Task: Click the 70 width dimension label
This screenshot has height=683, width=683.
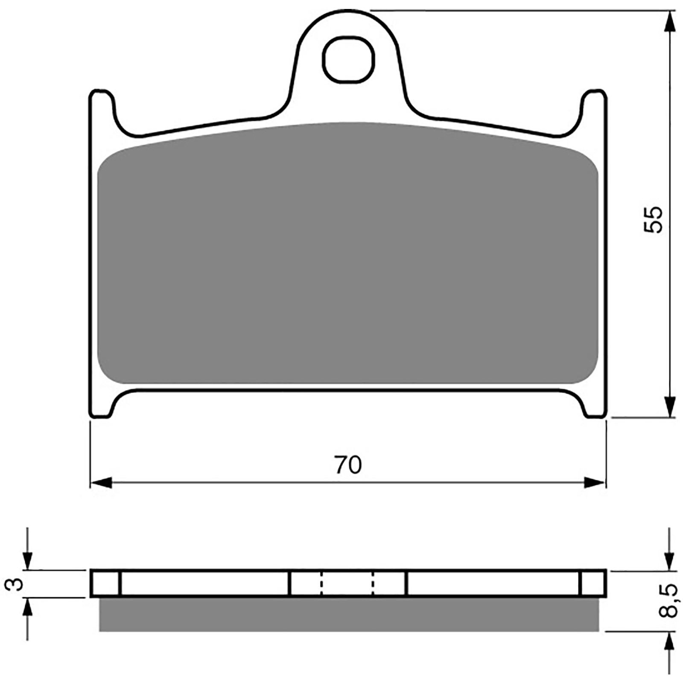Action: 348,465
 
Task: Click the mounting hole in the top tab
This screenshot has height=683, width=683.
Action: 348,59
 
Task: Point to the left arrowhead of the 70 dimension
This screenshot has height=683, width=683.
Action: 101,483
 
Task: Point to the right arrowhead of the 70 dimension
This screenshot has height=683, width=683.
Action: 595,483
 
